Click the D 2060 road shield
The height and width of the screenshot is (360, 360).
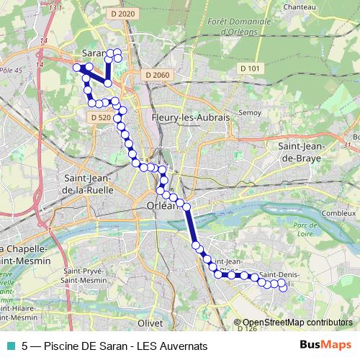pos(156,75)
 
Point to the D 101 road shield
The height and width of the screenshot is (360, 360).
pos(250,68)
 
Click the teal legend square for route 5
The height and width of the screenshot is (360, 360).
pos(10,345)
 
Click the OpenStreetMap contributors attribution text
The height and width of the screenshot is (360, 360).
pos(297,323)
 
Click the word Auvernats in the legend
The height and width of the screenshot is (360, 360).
pos(180,345)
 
